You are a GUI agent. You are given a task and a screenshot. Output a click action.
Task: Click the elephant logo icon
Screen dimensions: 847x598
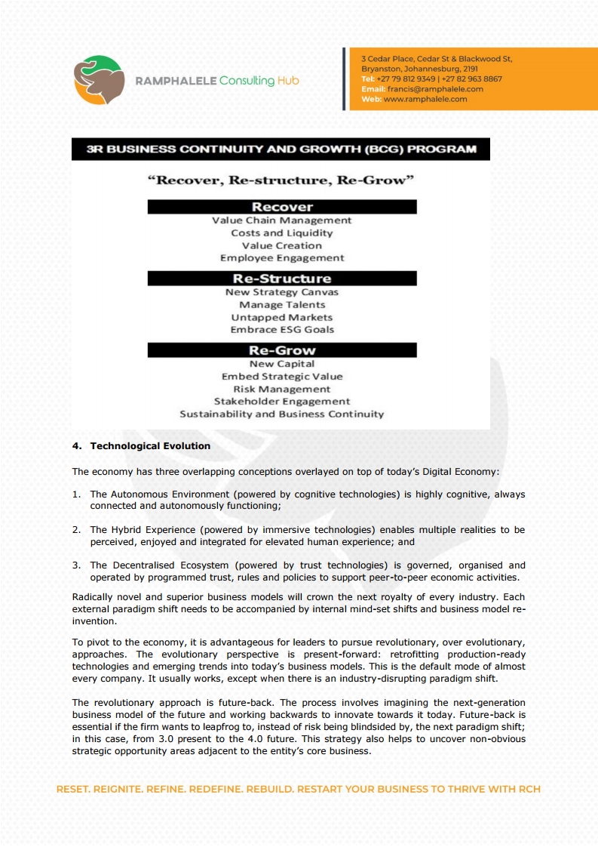coord(100,80)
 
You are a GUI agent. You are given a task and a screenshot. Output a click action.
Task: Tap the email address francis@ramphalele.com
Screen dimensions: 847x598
coord(435,89)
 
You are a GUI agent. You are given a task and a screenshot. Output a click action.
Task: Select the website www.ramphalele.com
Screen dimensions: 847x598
coord(425,99)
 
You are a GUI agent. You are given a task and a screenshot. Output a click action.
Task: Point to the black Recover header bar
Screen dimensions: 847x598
coord(282,207)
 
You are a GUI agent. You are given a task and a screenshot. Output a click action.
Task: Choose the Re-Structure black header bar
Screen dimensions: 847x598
coord(282,279)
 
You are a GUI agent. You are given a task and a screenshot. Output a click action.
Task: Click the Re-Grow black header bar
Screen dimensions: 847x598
coord(282,350)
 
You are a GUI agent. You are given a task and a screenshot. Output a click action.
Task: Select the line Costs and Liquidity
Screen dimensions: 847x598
coord(282,233)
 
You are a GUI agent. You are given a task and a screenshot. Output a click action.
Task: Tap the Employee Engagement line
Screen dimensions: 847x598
coord(282,258)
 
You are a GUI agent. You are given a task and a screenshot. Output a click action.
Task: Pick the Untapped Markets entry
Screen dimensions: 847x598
coord(282,318)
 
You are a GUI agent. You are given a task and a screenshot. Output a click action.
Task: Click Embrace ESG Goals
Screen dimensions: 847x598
coord(282,330)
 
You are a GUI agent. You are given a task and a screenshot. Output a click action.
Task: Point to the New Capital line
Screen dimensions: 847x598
coord(282,364)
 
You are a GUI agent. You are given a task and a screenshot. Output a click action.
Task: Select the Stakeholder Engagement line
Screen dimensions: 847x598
coord(282,402)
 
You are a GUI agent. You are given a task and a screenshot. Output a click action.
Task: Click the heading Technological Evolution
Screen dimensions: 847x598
coord(150,446)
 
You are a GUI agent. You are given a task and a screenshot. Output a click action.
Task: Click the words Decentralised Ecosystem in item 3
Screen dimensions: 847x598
coord(170,565)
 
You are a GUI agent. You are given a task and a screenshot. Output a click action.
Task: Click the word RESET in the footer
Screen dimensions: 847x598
coord(73,790)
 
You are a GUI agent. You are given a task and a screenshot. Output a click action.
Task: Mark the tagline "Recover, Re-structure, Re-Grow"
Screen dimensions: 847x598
coord(282,181)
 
